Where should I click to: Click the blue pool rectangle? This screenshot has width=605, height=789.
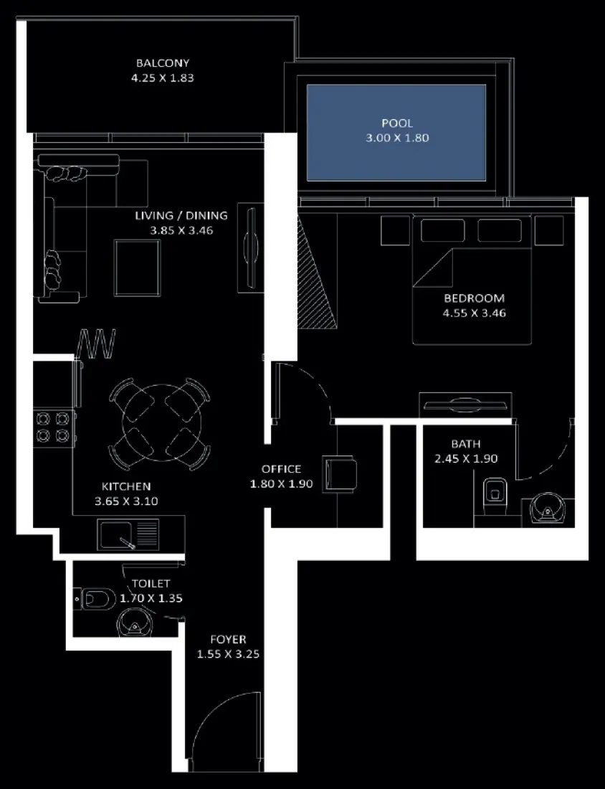coord(396,132)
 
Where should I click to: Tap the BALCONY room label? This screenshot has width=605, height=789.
coord(163,63)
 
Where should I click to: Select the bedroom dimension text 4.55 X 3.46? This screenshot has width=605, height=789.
coord(475,313)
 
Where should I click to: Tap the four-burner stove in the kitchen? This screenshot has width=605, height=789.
coord(53,427)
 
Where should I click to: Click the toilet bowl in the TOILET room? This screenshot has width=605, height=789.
coord(97,597)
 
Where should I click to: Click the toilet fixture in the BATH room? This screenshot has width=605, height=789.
coord(494,492)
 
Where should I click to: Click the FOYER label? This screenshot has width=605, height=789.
coord(228,639)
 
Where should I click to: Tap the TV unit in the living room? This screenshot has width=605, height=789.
coord(249,249)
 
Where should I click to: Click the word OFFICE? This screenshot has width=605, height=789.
coord(281,470)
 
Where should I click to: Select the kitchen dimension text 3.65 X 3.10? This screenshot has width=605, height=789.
coord(126,501)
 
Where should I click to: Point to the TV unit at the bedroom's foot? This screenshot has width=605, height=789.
coord(465,404)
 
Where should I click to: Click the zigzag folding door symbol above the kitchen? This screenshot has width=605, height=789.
coord(96,344)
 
